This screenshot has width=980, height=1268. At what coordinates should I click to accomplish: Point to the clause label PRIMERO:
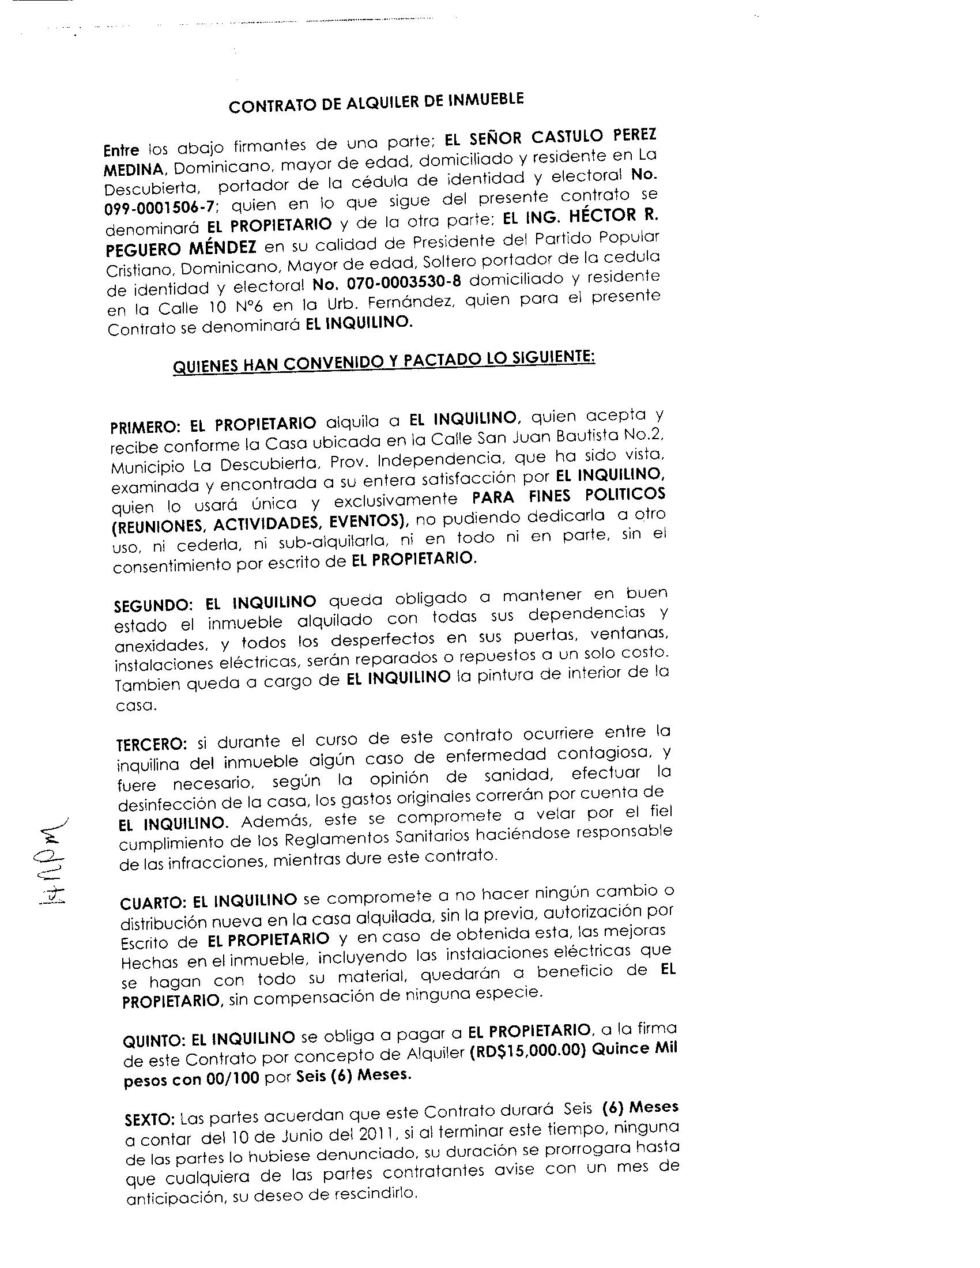(146, 427)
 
